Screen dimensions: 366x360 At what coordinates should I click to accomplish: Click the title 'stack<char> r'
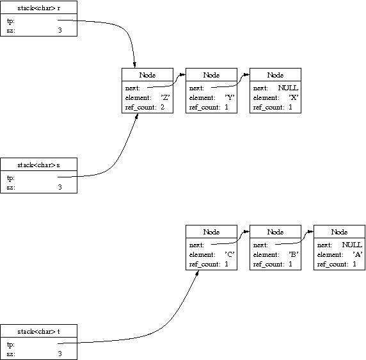tap(39, 8)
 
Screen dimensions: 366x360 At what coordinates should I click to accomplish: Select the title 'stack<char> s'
tap(39, 165)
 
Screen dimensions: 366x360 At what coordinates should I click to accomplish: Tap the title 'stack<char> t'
tap(39, 332)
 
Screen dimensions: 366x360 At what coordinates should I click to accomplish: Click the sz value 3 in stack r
tap(60, 30)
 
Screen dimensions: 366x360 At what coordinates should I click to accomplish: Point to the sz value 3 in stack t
tap(60, 354)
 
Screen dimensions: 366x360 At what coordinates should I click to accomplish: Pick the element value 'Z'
tap(165, 97)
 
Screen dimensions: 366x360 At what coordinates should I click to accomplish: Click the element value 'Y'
tap(230, 97)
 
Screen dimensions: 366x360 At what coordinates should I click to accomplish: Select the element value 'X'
tap(294, 97)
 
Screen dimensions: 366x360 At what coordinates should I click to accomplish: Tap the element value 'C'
tap(230, 254)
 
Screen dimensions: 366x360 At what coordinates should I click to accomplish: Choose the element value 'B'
tap(294, 254)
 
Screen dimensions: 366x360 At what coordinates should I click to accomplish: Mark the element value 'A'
tap(358, 254)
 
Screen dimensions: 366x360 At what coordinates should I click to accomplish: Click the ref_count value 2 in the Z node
tap(163, 107)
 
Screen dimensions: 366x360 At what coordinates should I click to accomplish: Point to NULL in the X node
tap(288, 88)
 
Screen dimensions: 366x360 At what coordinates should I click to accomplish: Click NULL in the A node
tap(352, 245)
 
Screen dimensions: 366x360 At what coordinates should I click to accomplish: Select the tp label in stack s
tap(11, 178)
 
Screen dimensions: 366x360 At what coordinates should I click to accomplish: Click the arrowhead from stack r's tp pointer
tap(134, 65)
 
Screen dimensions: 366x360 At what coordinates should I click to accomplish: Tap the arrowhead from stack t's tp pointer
tap(197, 273)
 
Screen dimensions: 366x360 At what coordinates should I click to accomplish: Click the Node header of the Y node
tap(212, 75)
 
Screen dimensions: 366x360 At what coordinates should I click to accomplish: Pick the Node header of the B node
tap(275, 232)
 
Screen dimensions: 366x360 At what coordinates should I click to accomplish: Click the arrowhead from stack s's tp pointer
tap(137, 116)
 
